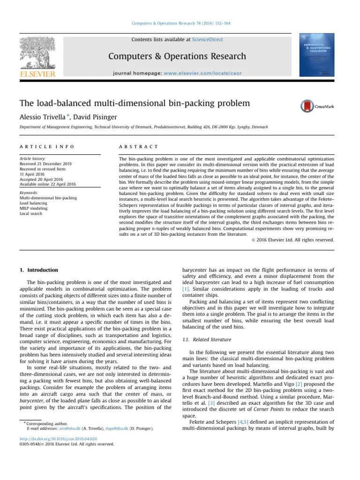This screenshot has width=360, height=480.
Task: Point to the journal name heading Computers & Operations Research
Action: tap(177, 56)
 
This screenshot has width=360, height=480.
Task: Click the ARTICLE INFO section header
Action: tap(47, 147)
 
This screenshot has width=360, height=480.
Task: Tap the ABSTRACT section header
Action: tap(139, 147)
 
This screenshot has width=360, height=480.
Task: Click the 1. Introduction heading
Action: tap(39, 270)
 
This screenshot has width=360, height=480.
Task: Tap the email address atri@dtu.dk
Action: tap(68, 428)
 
